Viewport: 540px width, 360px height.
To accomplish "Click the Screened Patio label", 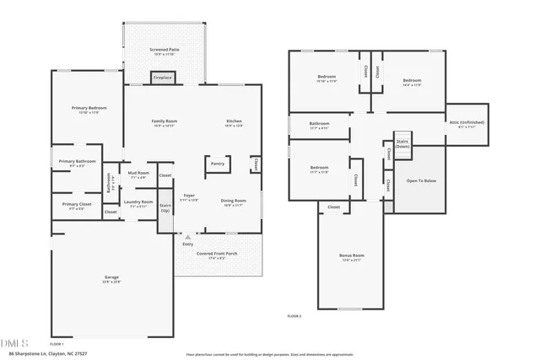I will (x=165, y=51).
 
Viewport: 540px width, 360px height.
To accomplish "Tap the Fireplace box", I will (x=162, y=78).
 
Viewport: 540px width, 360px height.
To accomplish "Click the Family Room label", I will (x=165, y=121).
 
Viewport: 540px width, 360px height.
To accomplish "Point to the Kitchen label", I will (x=234, y=121).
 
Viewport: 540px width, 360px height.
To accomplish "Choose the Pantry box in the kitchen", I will (x=218, y=164).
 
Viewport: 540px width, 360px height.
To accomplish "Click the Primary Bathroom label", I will (x=77, y=162).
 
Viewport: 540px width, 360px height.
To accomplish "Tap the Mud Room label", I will (x=138, y=174).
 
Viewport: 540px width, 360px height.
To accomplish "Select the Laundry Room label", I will (x=138, y=202).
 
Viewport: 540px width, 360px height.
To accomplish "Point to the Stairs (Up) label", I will (x=165, y=207).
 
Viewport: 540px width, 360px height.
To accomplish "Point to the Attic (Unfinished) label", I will (x=466, y=123).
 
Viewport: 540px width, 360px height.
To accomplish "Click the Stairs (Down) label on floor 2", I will (x=402, y=143).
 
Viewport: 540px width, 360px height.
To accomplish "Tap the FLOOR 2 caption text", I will (x=294, y=315).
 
